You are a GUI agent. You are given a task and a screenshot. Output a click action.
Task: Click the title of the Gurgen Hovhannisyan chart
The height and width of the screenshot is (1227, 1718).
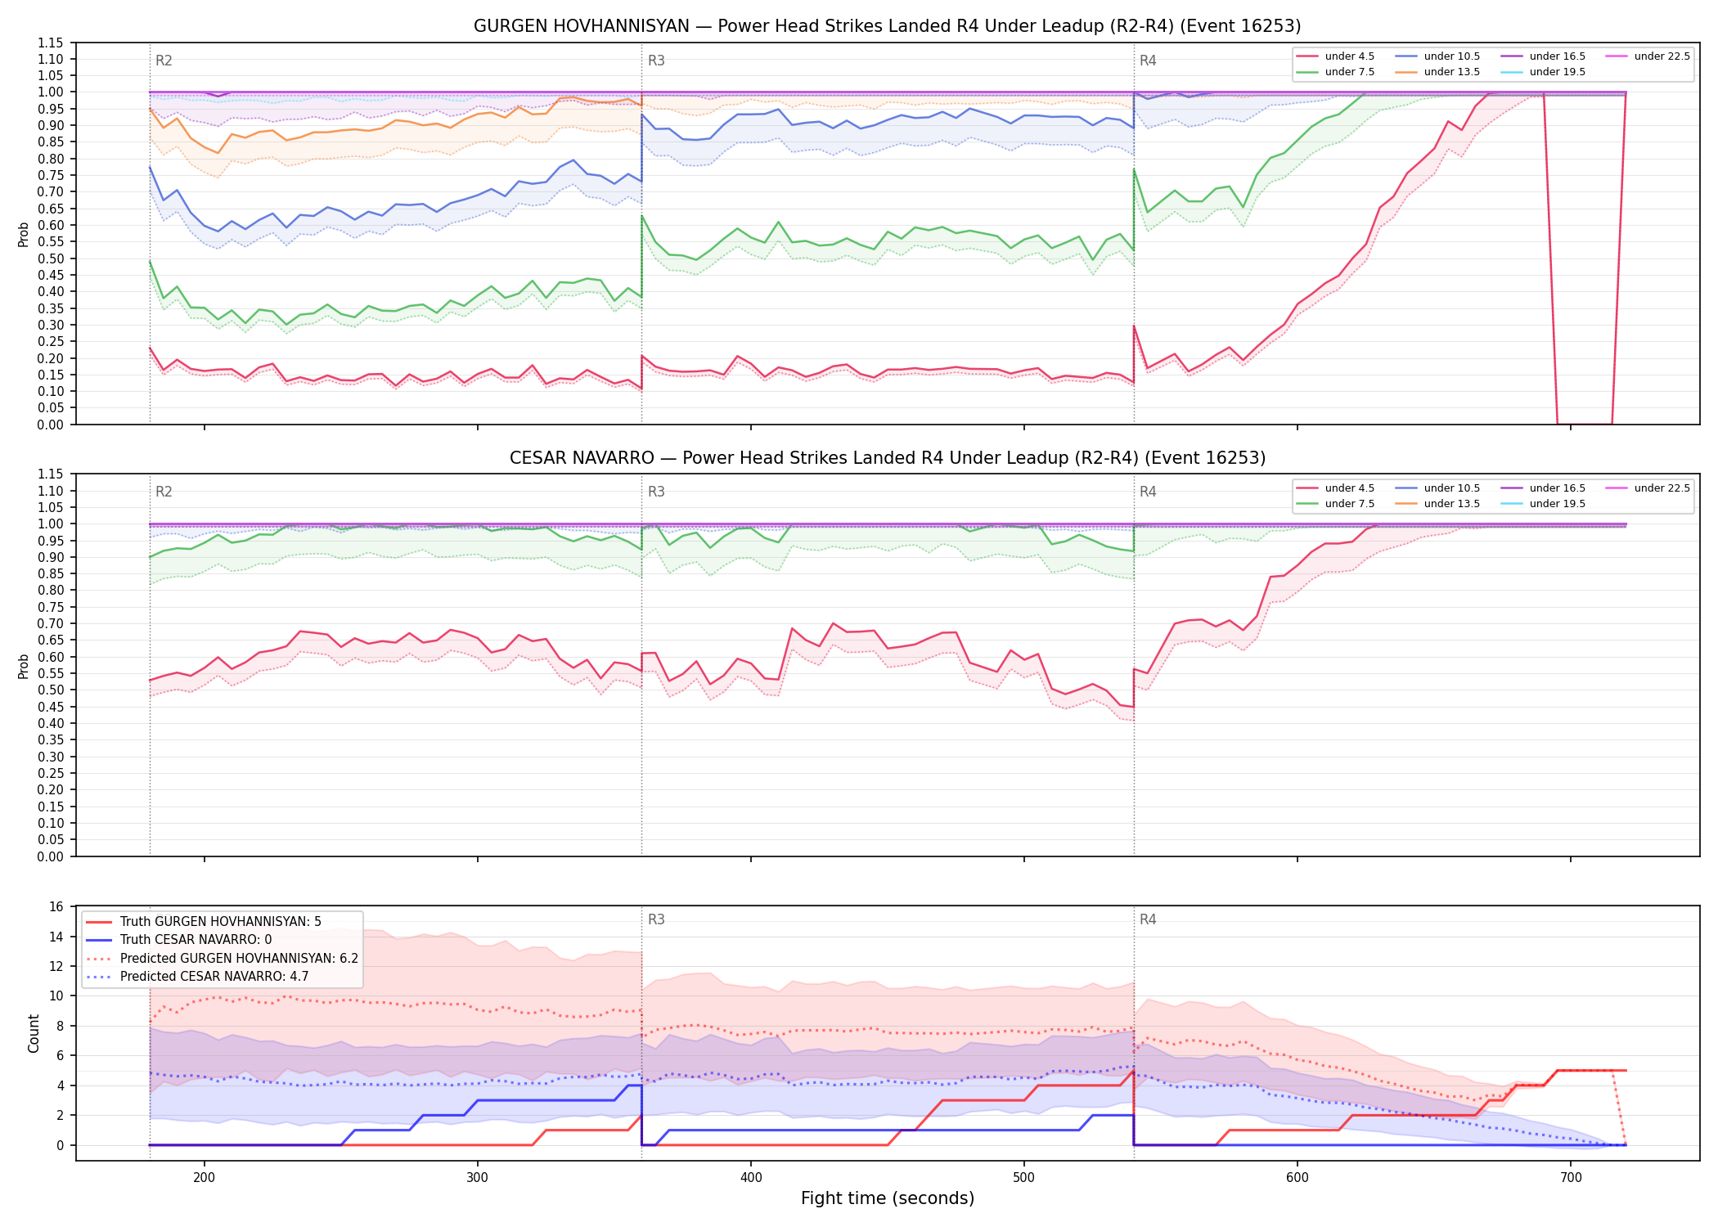887,26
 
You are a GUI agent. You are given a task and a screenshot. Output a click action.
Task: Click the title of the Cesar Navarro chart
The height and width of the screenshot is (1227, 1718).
887,458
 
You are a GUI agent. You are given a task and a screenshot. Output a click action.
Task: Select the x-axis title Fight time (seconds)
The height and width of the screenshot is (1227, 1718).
888,1198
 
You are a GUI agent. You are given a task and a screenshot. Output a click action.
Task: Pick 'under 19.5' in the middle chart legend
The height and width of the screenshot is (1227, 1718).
1558,504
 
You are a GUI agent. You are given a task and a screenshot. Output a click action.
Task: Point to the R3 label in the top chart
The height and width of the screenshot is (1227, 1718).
656,61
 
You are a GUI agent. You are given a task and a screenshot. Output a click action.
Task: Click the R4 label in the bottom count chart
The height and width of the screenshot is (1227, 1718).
1148,919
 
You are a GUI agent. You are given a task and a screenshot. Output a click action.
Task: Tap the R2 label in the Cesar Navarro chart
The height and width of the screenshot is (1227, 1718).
164,492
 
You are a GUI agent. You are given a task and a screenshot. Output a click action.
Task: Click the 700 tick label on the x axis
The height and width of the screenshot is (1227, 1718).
1571,1178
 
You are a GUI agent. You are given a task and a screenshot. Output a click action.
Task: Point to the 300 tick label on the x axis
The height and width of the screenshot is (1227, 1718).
477,1178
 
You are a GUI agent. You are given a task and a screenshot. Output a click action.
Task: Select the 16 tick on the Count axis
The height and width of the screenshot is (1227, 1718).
56,906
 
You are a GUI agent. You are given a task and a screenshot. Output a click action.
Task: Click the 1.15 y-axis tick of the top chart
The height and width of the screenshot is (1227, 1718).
51,43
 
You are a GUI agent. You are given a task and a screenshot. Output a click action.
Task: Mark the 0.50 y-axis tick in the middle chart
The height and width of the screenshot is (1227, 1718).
51,690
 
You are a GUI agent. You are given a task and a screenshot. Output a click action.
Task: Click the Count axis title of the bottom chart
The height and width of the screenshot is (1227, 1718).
34,1033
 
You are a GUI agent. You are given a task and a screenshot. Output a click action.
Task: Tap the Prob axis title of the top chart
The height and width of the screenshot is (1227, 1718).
24,234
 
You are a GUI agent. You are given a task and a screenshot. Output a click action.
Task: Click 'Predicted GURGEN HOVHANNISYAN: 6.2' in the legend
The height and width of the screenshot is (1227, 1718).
239,959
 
